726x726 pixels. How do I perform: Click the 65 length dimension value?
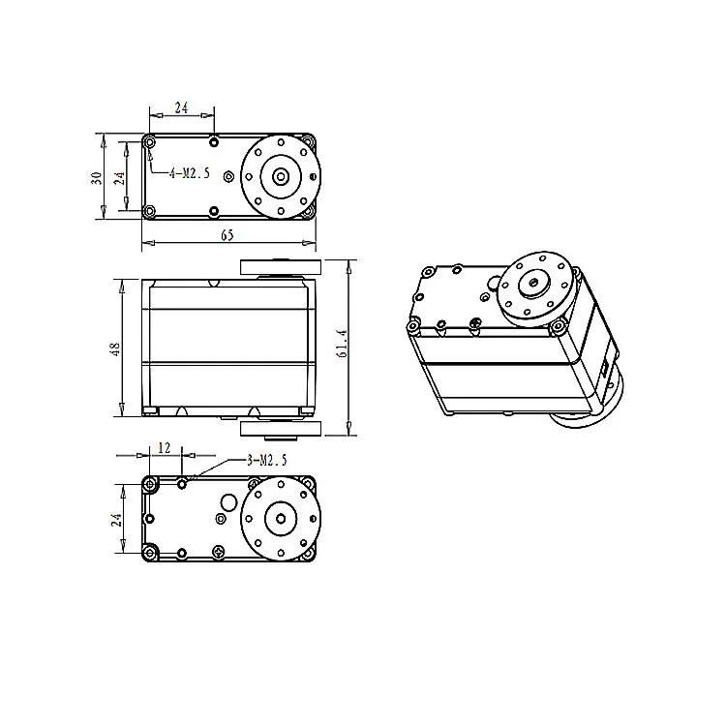227,235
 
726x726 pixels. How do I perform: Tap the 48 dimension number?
114,349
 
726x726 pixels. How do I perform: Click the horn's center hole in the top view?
280,176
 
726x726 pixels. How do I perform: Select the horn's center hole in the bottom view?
281,518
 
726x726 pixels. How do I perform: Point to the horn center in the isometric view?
532,280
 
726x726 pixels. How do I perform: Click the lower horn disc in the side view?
277,430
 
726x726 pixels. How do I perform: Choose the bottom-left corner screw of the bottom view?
149,553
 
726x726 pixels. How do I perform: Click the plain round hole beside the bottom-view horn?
229,501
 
